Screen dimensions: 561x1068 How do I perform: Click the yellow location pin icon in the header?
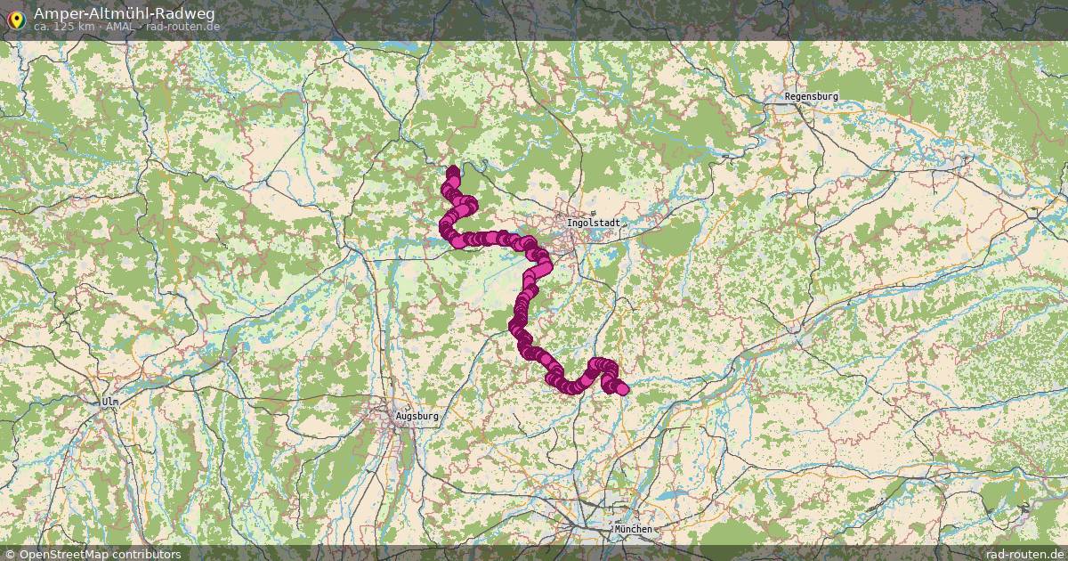point(15,19)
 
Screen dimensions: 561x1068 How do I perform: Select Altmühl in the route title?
point(117,13)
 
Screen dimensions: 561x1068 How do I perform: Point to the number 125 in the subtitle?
point(63,27)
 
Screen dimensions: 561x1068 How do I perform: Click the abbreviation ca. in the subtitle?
point(41,27)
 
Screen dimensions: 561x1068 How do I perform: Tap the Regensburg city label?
point(811,96)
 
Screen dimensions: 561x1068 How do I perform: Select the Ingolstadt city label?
point(593,222)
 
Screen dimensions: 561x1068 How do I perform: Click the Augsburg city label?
point(417,415)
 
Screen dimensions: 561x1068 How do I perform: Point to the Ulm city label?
point(109,402)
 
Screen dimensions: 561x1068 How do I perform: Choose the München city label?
point(633,529)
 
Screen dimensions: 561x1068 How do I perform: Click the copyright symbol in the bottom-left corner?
point(9,554)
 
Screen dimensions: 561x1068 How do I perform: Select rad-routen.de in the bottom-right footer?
point(1025,554)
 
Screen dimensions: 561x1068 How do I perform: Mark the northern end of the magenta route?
point(453,170)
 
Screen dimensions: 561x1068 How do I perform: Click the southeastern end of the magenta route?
point(622,389)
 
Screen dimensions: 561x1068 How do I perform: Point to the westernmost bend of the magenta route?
point(443,229)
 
